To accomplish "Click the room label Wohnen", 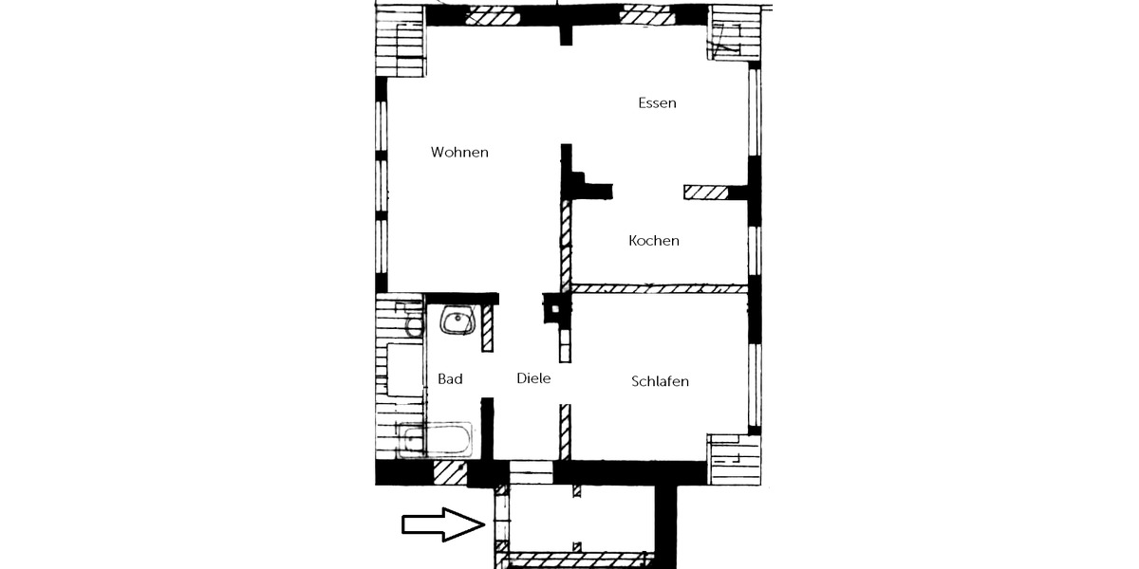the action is [x=459, y=153].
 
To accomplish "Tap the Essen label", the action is [x=657, y=103].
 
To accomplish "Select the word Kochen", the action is [x=654, y=241].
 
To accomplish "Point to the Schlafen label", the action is [x=660, y=381].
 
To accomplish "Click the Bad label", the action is [x=450, y=379].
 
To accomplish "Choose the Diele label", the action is [x=533, y=378].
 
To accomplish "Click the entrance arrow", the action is [x=443, y=524].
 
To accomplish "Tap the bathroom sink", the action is [x=457, y=321].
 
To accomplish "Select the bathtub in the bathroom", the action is [x=436, y=439].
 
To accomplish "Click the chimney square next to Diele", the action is [x=556, y=308].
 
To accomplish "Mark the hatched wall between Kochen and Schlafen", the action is [x=660, y=288].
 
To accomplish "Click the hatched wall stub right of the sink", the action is [x=487, y=328].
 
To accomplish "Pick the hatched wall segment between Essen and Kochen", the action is [x=706, y=192].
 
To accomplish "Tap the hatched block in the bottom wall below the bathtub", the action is [x=450, y=473].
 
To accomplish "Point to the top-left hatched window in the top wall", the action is [x=493, y=15].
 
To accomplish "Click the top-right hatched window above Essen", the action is [x=647, y=15].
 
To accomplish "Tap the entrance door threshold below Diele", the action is [x=531, y=472].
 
